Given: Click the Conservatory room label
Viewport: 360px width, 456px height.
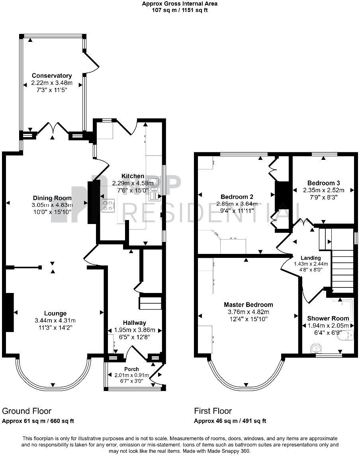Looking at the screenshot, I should tap(52, 76).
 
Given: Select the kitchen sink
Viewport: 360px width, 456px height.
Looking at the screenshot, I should tap(154, 190).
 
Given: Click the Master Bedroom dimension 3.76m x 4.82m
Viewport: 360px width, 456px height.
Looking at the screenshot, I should tap(248, 312).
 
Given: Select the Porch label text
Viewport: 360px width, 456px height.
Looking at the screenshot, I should tap(131, 369).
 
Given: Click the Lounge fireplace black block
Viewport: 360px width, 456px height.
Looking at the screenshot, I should tap(9, 312).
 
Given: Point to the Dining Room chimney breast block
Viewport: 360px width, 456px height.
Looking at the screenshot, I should tap(92, 201).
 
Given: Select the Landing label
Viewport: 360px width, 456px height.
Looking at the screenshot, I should tap(311, 258).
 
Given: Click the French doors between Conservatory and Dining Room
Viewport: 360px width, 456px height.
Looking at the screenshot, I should tap(53, 130).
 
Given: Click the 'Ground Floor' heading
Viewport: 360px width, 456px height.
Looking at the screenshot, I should tap(27, 411).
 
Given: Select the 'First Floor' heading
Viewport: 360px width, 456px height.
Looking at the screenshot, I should tap(213, 411).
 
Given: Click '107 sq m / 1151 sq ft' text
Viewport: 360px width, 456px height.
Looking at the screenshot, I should tap(180, 10).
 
